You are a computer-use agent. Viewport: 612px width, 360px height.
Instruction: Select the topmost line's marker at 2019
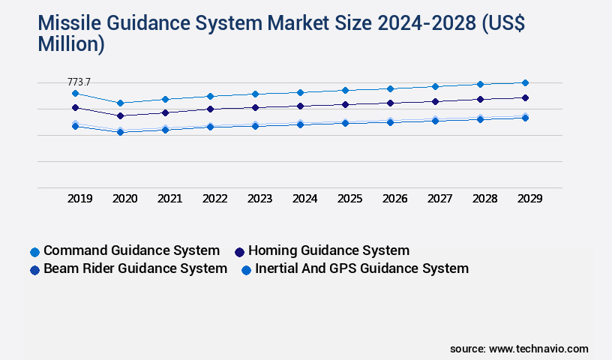tap(75, 93)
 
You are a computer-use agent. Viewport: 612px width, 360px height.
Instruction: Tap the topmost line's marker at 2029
tap(525, 82)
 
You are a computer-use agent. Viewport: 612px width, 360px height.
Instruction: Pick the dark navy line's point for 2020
tap(120, 115)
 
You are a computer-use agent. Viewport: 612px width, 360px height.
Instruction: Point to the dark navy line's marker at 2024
tap(300, 106)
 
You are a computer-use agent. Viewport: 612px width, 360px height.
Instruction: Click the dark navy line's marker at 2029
tap(525, 97)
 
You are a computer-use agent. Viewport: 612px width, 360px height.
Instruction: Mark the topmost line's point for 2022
tap(210, 96)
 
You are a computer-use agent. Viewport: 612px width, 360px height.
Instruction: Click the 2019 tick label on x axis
tap(79, 199)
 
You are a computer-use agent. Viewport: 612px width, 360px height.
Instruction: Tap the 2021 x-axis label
tap(169, 199)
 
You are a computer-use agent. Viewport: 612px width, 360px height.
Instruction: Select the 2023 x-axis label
tap(259, 199)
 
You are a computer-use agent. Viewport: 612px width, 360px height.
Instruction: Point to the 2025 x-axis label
tap(349, 199)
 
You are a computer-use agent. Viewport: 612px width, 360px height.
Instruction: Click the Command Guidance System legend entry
tap(131, 250)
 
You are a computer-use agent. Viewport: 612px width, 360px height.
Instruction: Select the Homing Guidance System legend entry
tap(328, 250)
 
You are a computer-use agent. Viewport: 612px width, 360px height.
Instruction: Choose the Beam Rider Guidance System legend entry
tap(135, 268)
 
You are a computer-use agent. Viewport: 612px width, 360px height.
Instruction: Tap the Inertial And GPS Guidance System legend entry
tap(361, 268)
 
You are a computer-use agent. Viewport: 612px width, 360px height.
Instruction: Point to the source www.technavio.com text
tap(519, 349)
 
